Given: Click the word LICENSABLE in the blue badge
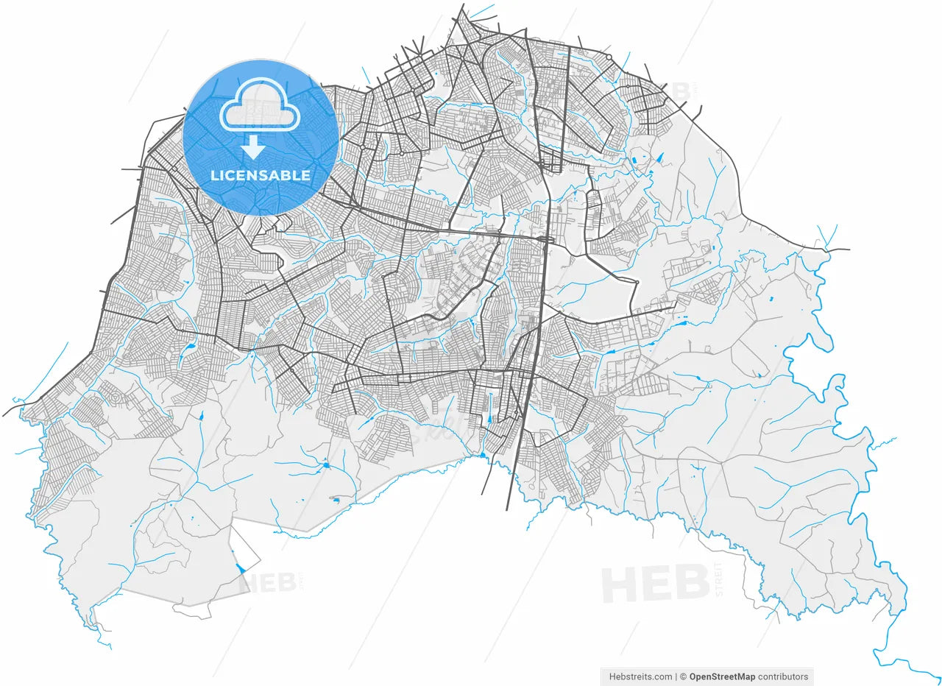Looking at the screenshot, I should point(261,175).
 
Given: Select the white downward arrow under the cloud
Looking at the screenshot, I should point(253,146).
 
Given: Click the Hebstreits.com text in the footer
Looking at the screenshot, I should point(640,677).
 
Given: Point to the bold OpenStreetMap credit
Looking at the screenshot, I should point(722,677).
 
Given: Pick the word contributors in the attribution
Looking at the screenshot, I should point(783,677).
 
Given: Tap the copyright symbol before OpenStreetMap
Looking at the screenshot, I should point(683,677).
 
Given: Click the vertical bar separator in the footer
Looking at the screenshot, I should point(676,677).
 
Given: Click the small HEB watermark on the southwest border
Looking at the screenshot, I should point(269,583).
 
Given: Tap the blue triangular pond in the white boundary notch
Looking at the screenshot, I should point(241,568).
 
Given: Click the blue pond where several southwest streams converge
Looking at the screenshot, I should point(325,464).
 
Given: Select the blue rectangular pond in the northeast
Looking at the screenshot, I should point(634,159).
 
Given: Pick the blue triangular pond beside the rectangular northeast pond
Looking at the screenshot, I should point(659,157).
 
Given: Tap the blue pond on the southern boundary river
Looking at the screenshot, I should point(483,455).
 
